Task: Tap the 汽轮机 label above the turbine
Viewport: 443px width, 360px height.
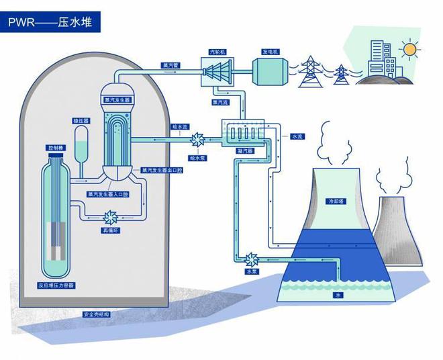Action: tap(218, 51)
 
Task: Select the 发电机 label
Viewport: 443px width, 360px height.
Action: tap(270, 51)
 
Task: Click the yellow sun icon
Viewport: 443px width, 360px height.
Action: tap(408, 49)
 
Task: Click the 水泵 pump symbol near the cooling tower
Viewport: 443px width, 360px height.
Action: tap(252, 259)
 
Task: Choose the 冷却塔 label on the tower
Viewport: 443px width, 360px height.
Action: tap(335, 201)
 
